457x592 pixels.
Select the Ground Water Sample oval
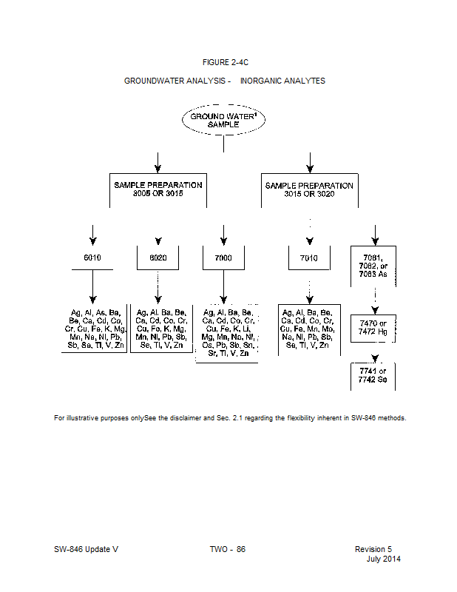pyautogui.click(x=224, y=121)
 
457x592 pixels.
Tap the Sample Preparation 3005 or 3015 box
pyautogui.click(x=158, y=189)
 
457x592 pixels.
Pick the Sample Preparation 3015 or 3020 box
pyautogui.click(x=309, y=189)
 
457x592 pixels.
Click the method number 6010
pyautogui.click(x=92, y=258)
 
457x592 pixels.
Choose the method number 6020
pyautogui.click(x=158, y=258)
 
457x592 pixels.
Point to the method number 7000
pyautogui.click(x=223, y=258)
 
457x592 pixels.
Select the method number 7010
pyautogui.click(x=309, y=258)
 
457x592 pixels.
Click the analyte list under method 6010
pyautogui.click(x=92, y=329)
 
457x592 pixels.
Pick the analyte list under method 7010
pyautogui.click(x=309, y=329)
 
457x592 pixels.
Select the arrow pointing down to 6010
pyautogui.click(x=92, y=233)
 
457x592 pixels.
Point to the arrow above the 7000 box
pyautogui.click(x=223, y=233)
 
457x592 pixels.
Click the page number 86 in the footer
pyautogui.click(x=241, y=549)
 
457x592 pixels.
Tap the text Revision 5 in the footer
pyautogui.click(x=373, y=549)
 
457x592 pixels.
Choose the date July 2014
pyautogui.click(x=384, y=559)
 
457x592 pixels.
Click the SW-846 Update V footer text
pyautogui.click(x=86, y=549)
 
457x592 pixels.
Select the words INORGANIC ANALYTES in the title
pyautogui.click(x=282, y=81)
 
